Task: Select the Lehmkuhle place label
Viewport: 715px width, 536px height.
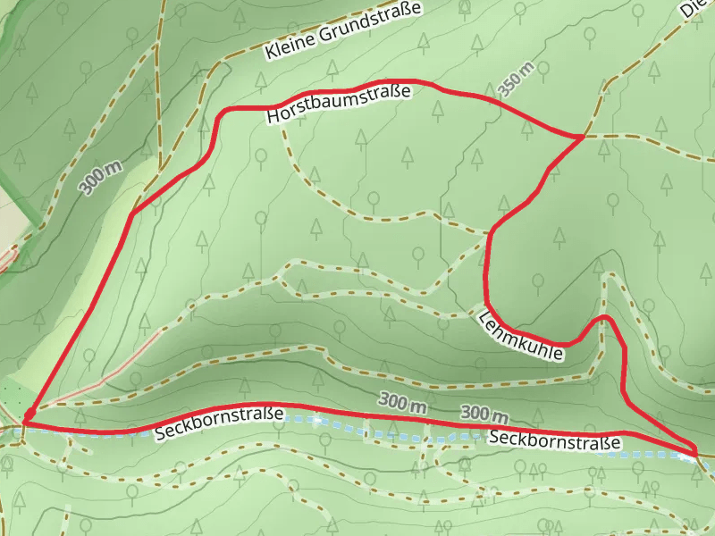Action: pos(523,337)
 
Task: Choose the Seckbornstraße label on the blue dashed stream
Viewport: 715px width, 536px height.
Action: pos(554,440)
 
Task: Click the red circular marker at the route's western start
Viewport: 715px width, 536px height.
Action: pos(29,415)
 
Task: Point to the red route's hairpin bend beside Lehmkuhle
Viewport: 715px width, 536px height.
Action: pos(606,318)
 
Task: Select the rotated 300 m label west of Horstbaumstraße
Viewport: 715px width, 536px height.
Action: pos(100,178)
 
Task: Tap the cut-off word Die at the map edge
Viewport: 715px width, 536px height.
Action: pos(694,9)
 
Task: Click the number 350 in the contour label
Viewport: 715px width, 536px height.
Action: pos(510,84)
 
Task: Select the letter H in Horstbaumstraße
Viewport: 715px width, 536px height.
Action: pos(273,117)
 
